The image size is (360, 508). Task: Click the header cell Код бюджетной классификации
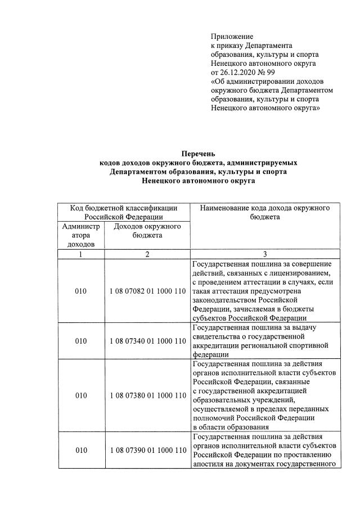124,209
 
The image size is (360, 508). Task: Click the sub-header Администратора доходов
81,235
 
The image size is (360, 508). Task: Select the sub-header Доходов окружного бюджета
147,231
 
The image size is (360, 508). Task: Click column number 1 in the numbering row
81,254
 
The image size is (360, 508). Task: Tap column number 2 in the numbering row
147,254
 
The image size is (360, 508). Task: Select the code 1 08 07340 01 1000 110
147,341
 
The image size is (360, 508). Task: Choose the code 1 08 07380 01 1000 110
147,395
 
